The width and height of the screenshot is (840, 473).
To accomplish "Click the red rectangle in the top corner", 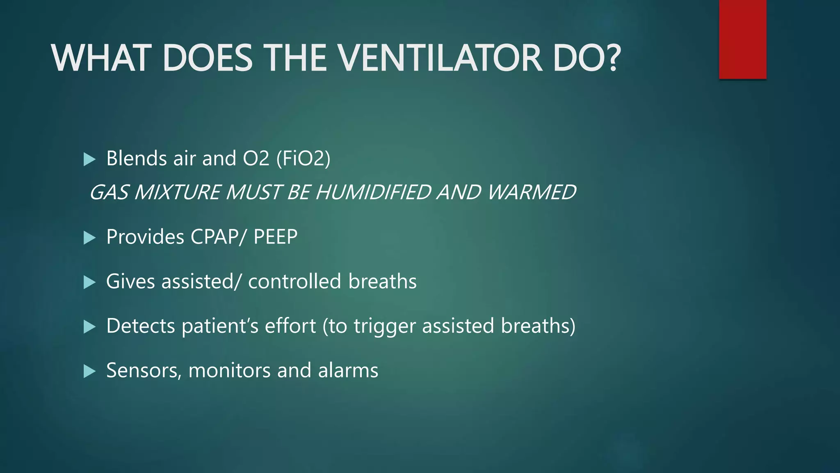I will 742,39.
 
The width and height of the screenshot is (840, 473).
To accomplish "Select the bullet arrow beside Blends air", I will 89,159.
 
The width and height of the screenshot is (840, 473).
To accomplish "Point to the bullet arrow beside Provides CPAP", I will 89,238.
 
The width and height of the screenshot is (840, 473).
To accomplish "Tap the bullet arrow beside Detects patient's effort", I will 89,327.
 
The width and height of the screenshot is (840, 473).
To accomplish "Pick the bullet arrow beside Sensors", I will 89,372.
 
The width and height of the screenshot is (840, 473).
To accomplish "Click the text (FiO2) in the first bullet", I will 303,159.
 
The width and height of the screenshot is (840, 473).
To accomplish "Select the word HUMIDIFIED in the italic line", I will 372,192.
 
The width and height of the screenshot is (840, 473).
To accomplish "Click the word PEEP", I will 276,237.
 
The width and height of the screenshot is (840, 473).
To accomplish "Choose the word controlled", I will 294,282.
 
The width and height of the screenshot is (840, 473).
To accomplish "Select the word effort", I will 290,326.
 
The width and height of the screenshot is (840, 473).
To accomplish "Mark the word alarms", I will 348,370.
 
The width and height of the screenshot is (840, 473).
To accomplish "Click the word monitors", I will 229,371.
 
